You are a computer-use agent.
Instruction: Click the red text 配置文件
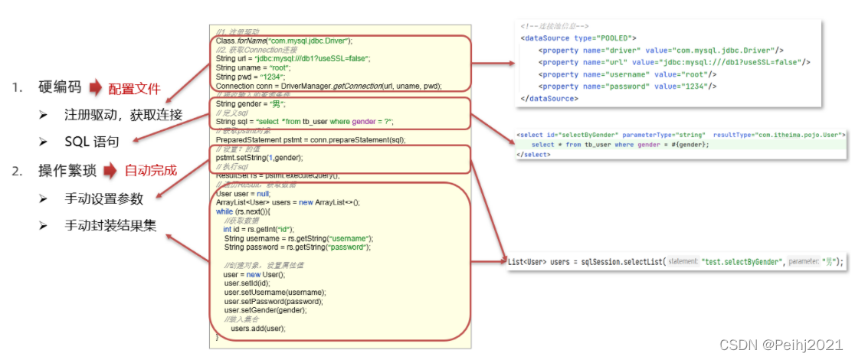click(x=134, y=88)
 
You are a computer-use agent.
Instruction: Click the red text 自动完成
click(x=151, y=169)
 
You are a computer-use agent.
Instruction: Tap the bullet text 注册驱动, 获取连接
click(x=123, y=116)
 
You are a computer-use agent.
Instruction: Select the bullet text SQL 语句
click(x=97, y=142)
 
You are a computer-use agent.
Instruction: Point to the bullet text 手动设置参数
click(x=104, y=198)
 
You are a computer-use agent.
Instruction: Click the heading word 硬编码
click(x=60, y=88)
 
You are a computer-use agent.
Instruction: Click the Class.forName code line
click(x=283, y=40)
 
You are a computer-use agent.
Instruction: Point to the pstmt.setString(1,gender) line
click(x=259, y=157)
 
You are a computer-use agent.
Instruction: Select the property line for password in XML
click(x=627, y=86)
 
